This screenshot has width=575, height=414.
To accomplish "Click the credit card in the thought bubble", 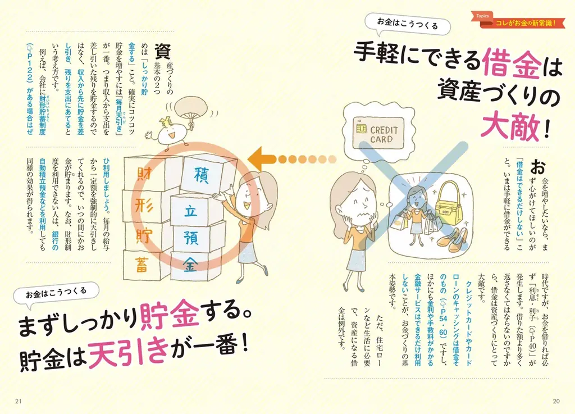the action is click(378, 133).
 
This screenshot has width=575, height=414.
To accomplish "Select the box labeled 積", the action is click(202, 175).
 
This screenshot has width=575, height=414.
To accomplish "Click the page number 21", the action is click(19, 401).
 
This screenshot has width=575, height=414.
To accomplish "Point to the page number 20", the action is click(556, 401).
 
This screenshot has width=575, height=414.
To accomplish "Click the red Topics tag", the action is click(482, 16).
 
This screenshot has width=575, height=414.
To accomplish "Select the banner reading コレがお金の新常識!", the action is click(526, 23).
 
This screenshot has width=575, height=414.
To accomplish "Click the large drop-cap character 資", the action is click(162, 51).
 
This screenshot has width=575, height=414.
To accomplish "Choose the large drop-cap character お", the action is click(539, 167).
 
